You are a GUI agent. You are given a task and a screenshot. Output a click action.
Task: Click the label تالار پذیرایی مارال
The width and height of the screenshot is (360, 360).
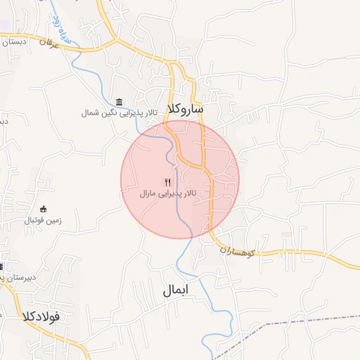[167, 193]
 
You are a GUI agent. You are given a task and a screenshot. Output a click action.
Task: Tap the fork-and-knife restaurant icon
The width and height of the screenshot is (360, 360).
[167, 181]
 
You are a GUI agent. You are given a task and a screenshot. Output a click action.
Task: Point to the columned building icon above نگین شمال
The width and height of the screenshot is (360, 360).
[118, 102]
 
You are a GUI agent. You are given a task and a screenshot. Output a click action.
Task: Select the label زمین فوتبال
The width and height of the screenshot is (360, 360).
[44, 220]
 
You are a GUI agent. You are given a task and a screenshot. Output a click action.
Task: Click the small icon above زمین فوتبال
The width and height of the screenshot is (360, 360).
[44, 209]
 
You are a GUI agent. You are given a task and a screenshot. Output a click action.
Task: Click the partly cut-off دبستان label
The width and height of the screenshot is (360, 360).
[14, 41]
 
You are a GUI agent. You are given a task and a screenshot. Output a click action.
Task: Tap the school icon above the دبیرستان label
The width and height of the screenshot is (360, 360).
[2, 266]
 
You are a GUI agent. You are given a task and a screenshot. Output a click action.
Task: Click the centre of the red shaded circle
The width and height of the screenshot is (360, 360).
[180, 179]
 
